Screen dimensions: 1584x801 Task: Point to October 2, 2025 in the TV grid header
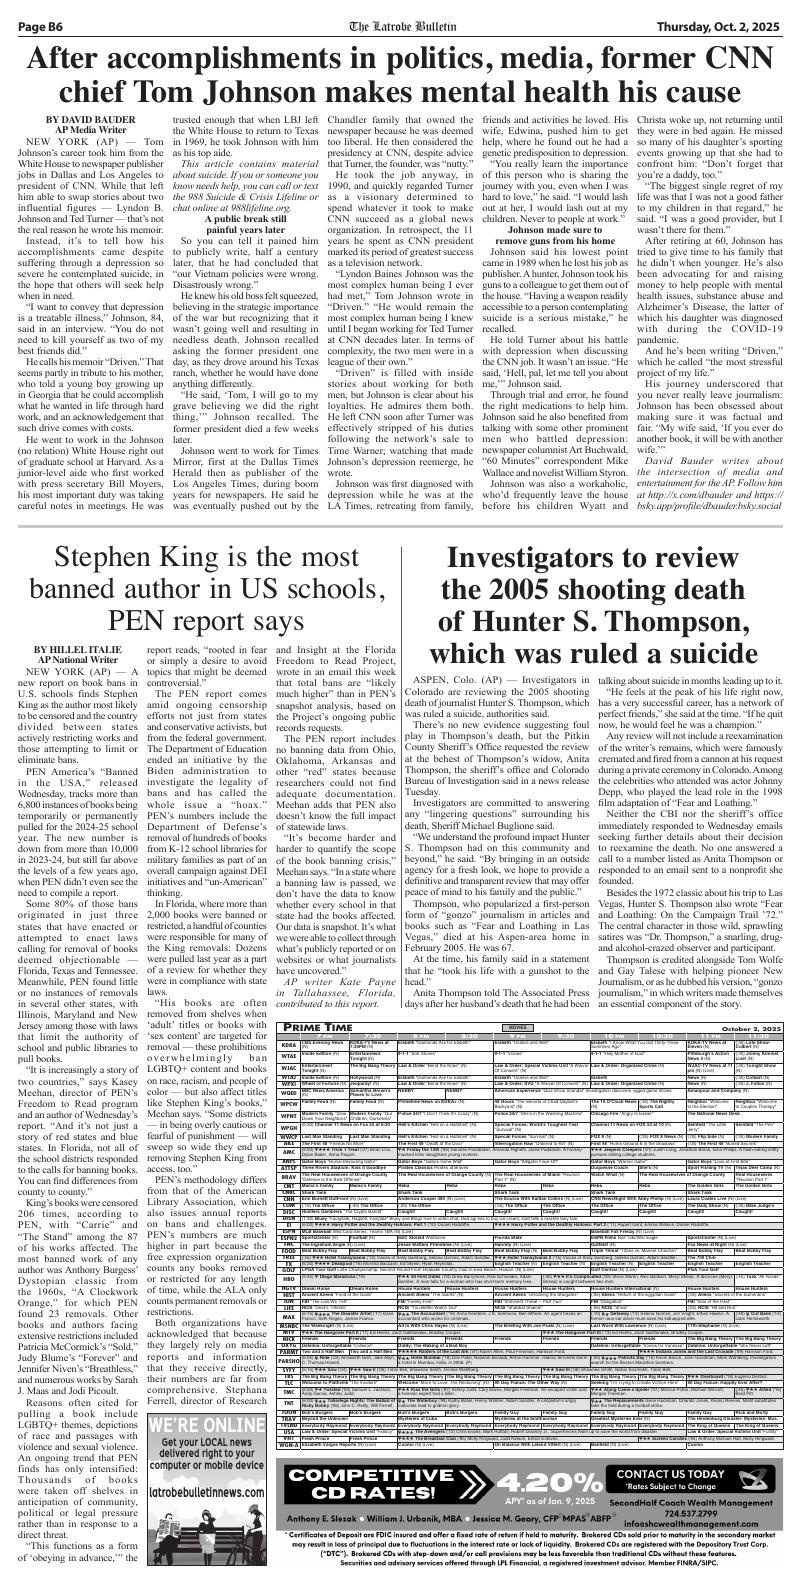coord(742,1028)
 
